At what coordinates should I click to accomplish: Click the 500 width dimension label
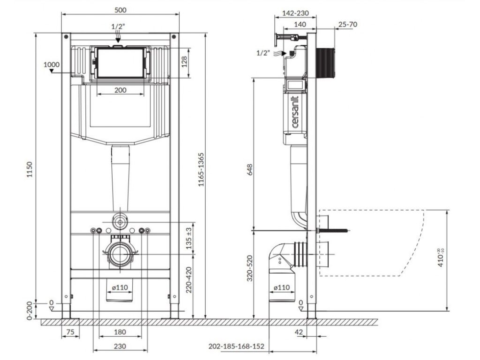tap(120, 10)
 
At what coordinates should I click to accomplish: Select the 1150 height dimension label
tap(30, 170)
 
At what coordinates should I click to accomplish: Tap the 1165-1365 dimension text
tap(201, 170)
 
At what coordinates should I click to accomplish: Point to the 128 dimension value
tap(185, 62)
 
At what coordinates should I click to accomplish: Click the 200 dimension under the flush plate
tap(120, 90)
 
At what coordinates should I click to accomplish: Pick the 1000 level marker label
tap(52, 65)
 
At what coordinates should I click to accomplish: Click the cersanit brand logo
tap(295, 112)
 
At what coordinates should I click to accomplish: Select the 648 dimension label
tap(250, 170)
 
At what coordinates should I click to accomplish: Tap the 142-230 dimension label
tap(295, 13)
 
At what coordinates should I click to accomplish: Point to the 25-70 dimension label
tap(348, 24)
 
